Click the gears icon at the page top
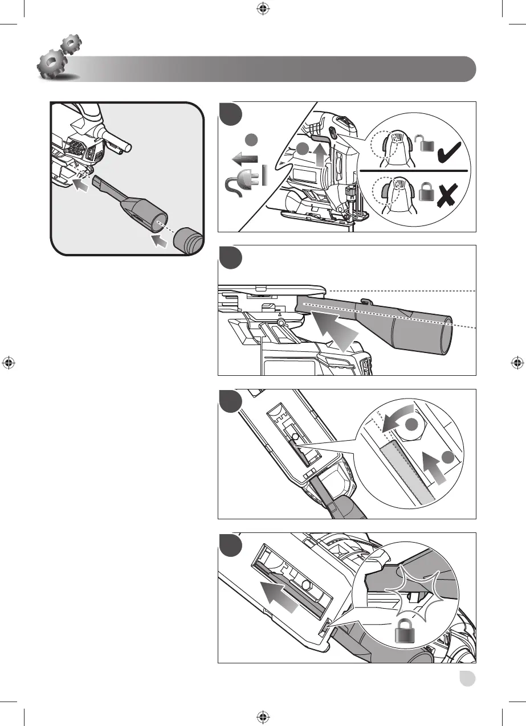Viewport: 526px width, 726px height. [57, 58]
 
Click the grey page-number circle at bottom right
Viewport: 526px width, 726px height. [468, 679]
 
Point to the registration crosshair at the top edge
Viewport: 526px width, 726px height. [263, 8]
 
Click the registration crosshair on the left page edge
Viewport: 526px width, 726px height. [9, 362]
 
